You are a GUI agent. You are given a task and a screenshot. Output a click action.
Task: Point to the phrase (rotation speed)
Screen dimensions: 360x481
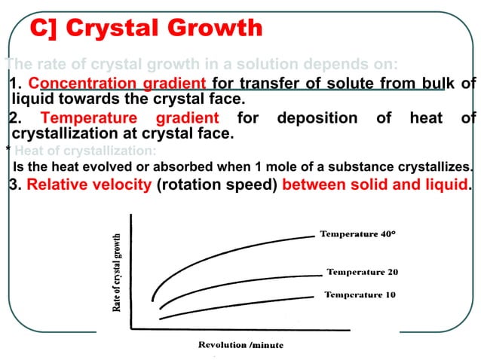pos(216,185)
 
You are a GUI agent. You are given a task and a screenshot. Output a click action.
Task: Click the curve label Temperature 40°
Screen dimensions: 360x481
pos(358,234)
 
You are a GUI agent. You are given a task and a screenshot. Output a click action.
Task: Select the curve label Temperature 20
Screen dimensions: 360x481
pos(362,272)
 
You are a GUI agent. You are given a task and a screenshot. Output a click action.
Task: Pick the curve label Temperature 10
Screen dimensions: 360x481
pos(360,294)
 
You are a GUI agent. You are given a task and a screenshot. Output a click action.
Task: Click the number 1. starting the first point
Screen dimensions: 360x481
pos(17,83)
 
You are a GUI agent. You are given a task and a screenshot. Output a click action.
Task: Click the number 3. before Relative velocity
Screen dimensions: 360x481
pos(15,185)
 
